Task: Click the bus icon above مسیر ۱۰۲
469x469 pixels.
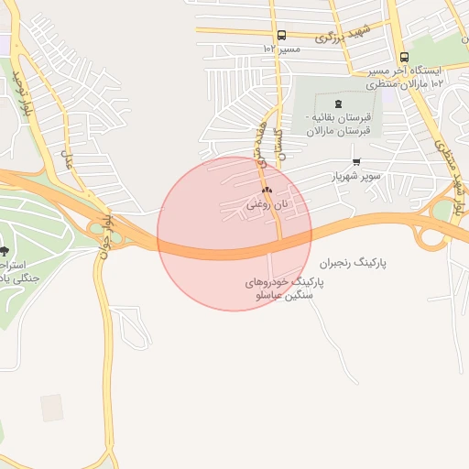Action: tap(280, 35)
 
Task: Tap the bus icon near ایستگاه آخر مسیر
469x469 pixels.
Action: tap(404, 57)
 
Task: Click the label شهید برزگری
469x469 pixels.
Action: tap(343, 35)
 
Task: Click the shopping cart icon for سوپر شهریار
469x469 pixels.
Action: tap(356, 161)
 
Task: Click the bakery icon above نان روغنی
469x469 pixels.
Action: tap(267, 191)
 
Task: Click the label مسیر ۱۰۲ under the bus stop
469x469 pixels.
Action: tap(281, 49)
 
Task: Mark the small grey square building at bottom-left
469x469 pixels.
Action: tap(52, 408)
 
